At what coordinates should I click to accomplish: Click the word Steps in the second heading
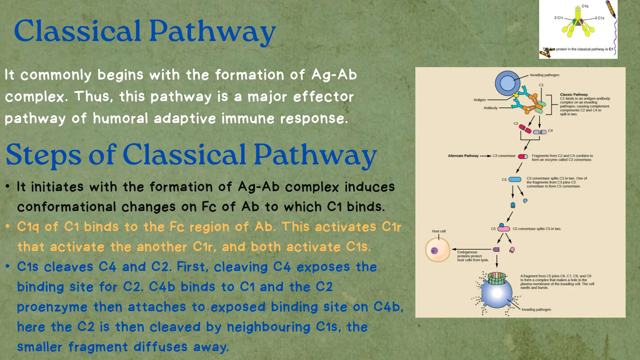coord(44,154)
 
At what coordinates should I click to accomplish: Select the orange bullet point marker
coord(8,226)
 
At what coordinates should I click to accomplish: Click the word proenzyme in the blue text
coord(52,307)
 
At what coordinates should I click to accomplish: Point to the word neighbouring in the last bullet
coord(268,327)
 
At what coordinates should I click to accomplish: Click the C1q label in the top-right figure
coord(585,6)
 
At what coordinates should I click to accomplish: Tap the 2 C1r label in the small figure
coord(558,18)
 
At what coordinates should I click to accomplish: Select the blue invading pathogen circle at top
coord(507,83)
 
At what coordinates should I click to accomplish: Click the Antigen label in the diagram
coord(479,100)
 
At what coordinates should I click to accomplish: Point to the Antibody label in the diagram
coord(490,108)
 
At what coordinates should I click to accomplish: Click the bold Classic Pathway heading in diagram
coord(574,95)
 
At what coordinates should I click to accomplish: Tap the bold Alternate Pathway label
coord(463,156)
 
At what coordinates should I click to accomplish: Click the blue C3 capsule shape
coord(515,179)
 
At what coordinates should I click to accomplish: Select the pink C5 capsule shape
coord(504,229)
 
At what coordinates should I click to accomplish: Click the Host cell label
coord(438,231)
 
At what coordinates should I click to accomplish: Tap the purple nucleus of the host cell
coord(434,251)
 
